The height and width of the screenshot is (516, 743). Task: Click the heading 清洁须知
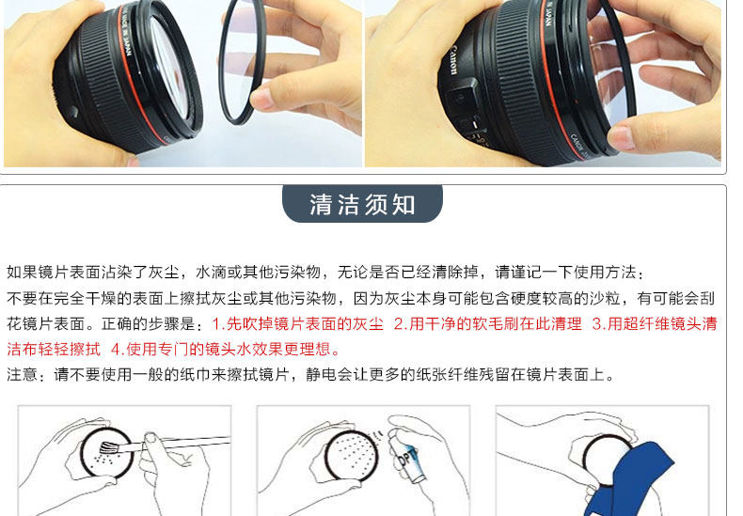pyautogui.click(x=362, y=205)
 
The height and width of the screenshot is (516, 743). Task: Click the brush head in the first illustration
pyautogui.click(x=106, y=446)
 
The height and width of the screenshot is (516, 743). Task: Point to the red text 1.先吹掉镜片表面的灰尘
pyautogui.click(x=297, y=324)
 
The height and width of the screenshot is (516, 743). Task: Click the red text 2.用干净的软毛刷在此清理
pyautogui.click(x=487, y=324)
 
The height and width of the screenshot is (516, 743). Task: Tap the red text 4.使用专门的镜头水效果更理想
pyautogui.click(x=226, y=350)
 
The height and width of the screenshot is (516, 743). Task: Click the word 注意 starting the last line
pyautogui.click(x=22, y=374)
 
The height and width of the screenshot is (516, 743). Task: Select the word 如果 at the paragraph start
pyautogui.click(x=22, y=273)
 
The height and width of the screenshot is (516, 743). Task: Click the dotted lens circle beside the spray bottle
pyautogui.click(x=352, y=457)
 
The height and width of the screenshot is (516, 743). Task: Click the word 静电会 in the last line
pyautogui.click(x=329, y=374)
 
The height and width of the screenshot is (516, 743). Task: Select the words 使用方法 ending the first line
pyautogui.click(x=605, y=273)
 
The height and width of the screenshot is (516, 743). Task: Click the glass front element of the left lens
pyautogui.click(x=171, y=61)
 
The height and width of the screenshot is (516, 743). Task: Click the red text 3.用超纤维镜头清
pyautogui.click(x=655, y=324)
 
